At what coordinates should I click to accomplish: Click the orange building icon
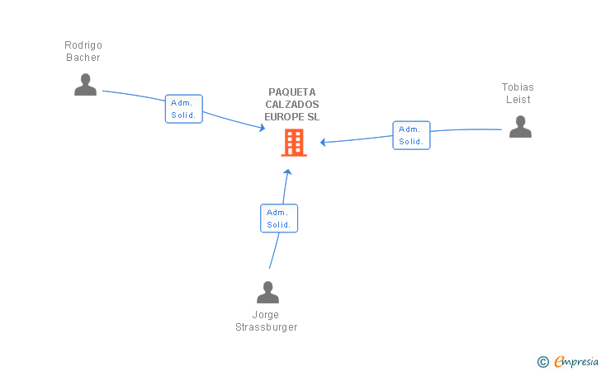pos(293,143)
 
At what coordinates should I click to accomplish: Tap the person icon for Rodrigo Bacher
pos(85,85)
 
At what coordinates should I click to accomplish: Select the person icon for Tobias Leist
pos(520,126)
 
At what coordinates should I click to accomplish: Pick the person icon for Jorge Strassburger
pos(267,293)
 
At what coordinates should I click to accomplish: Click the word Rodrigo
pos(83,45)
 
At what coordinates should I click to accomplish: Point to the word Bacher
pos(83,58)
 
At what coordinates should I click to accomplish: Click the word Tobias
pos(518,87)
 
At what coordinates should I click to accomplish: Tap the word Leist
pos(518,100)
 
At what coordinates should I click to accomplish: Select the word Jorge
pos(266,315)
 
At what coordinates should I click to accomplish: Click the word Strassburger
pos(266,327)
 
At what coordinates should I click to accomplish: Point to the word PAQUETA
pos(292,92)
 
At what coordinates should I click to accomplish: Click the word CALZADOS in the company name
pos(292,105)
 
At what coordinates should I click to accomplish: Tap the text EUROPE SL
pos(292,117)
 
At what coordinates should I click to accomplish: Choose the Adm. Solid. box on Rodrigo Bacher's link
pos(183,109)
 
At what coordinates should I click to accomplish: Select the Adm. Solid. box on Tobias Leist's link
pos(411,135)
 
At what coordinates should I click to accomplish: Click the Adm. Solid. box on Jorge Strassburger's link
pos(278,218)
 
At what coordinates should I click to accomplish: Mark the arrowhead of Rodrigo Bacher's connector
pos(262,128)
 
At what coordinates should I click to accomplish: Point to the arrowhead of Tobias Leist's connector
pos(324,143)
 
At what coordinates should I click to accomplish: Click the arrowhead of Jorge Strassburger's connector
pos(287,172)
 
